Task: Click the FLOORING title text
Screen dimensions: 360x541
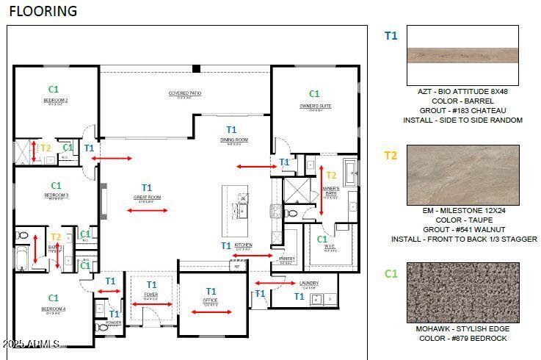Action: pyautogui.click(x=43, y=11)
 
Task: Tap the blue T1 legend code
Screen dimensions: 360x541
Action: pyautogui.click(x=391, y=35)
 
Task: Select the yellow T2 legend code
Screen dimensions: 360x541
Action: pyautogui.click(x=391, y=155)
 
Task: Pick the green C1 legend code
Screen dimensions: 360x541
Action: pyautogui.click(x=391, y=273)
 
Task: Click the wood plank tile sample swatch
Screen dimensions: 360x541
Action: pyautogui.click(x=462, y=56)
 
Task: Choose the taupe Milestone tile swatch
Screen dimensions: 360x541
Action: pyautogui.click(x=462, y=174)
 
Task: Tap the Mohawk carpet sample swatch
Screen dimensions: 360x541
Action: pyautogui.click(x=462, y=292)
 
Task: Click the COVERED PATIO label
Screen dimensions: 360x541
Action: pyautogui.click(x=185, y=93)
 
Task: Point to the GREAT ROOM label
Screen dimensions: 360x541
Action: pyautogui.click(x=147, y=197)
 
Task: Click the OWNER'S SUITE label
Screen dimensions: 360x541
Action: pyautogui.click(x=315, y=106)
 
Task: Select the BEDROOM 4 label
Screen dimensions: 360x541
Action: pyautogui.click(x=54, y=309)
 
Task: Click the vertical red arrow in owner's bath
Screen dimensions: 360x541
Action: pyautogui.click(x=321, y=190)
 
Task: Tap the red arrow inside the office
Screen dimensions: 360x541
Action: pyautogui.click(x=211, y=312)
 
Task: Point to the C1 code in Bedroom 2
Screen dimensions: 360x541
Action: pyautogui.click(x=54, y=90)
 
